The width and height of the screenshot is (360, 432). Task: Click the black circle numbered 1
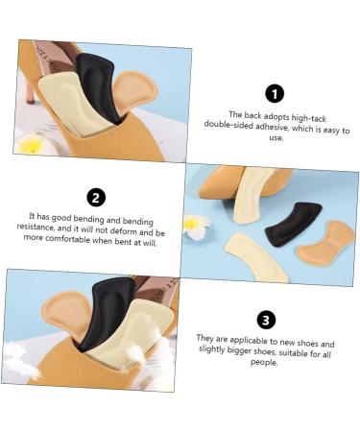point(275,94)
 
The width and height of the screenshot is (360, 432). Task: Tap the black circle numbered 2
point(96,198)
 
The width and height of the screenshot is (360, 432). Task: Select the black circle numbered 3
point(266,320)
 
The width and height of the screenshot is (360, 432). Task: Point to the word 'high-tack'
point(308,118)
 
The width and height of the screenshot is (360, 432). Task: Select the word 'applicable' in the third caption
point(249,340)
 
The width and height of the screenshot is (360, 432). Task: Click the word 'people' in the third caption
point(263,362)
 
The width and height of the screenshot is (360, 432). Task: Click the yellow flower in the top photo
point(32,145)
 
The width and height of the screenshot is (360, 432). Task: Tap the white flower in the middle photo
point(196,226)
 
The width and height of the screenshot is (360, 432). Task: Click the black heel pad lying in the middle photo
point(293,224)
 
